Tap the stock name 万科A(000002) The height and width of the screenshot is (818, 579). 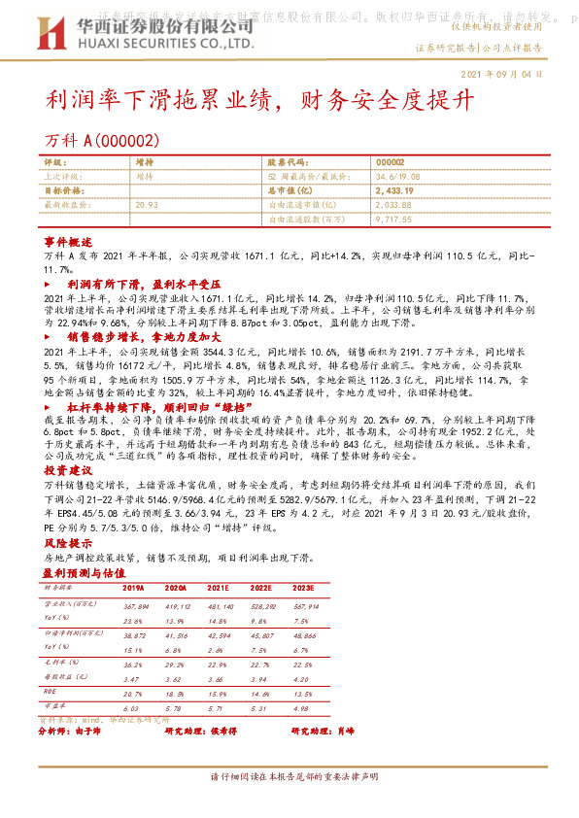click(x=101, y=141)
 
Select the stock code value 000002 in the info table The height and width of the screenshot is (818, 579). click(x=391, y=163)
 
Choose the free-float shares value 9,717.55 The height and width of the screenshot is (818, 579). click(x=394, y=220)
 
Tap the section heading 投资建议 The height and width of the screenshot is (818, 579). click(x=67, y=468)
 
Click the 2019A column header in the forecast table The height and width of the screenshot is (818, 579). click(x=133, y=588)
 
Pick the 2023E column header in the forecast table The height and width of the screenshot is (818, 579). click(x=303, y=588)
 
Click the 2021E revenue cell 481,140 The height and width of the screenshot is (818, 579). click(x=220, y=605)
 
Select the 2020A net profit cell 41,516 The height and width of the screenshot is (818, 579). click(x=176, y=633)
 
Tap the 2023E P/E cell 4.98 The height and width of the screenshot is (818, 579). click(x=304, y=708)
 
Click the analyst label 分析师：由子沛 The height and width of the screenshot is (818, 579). click(x=75, y=730)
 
